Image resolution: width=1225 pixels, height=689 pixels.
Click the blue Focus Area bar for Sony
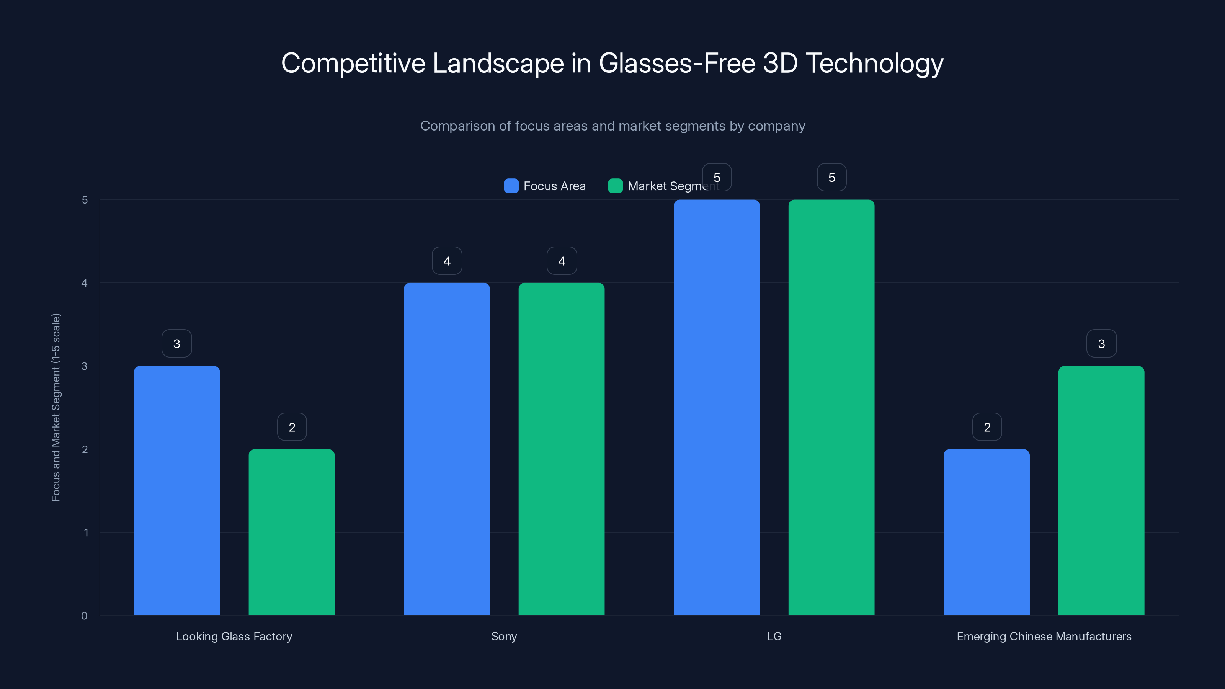click(446, 449)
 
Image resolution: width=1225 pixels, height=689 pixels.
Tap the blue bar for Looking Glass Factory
click(177, 490)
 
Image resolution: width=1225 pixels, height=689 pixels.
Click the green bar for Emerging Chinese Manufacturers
click(1101, 490)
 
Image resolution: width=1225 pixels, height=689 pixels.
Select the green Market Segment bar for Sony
click(561, 449)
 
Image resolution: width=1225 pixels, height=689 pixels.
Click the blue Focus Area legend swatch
click(511, 186)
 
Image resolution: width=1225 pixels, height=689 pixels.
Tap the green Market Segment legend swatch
click(615, 186)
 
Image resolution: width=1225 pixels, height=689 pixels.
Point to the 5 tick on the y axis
click(85, 200)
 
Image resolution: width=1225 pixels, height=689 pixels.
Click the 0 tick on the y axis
click(84, 616)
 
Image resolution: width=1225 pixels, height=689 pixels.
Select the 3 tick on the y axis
click(84, 366)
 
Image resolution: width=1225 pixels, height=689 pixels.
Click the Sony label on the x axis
click(504, 636)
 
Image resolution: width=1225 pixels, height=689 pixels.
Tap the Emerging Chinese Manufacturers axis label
click(1044, 636)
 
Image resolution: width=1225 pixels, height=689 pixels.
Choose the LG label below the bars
click(774, 636)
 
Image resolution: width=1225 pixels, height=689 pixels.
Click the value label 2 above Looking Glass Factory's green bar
click(292, 427)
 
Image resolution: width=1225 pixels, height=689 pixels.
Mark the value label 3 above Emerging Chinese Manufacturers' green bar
click(1101, 344)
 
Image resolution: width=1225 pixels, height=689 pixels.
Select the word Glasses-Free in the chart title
click(677, 63)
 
